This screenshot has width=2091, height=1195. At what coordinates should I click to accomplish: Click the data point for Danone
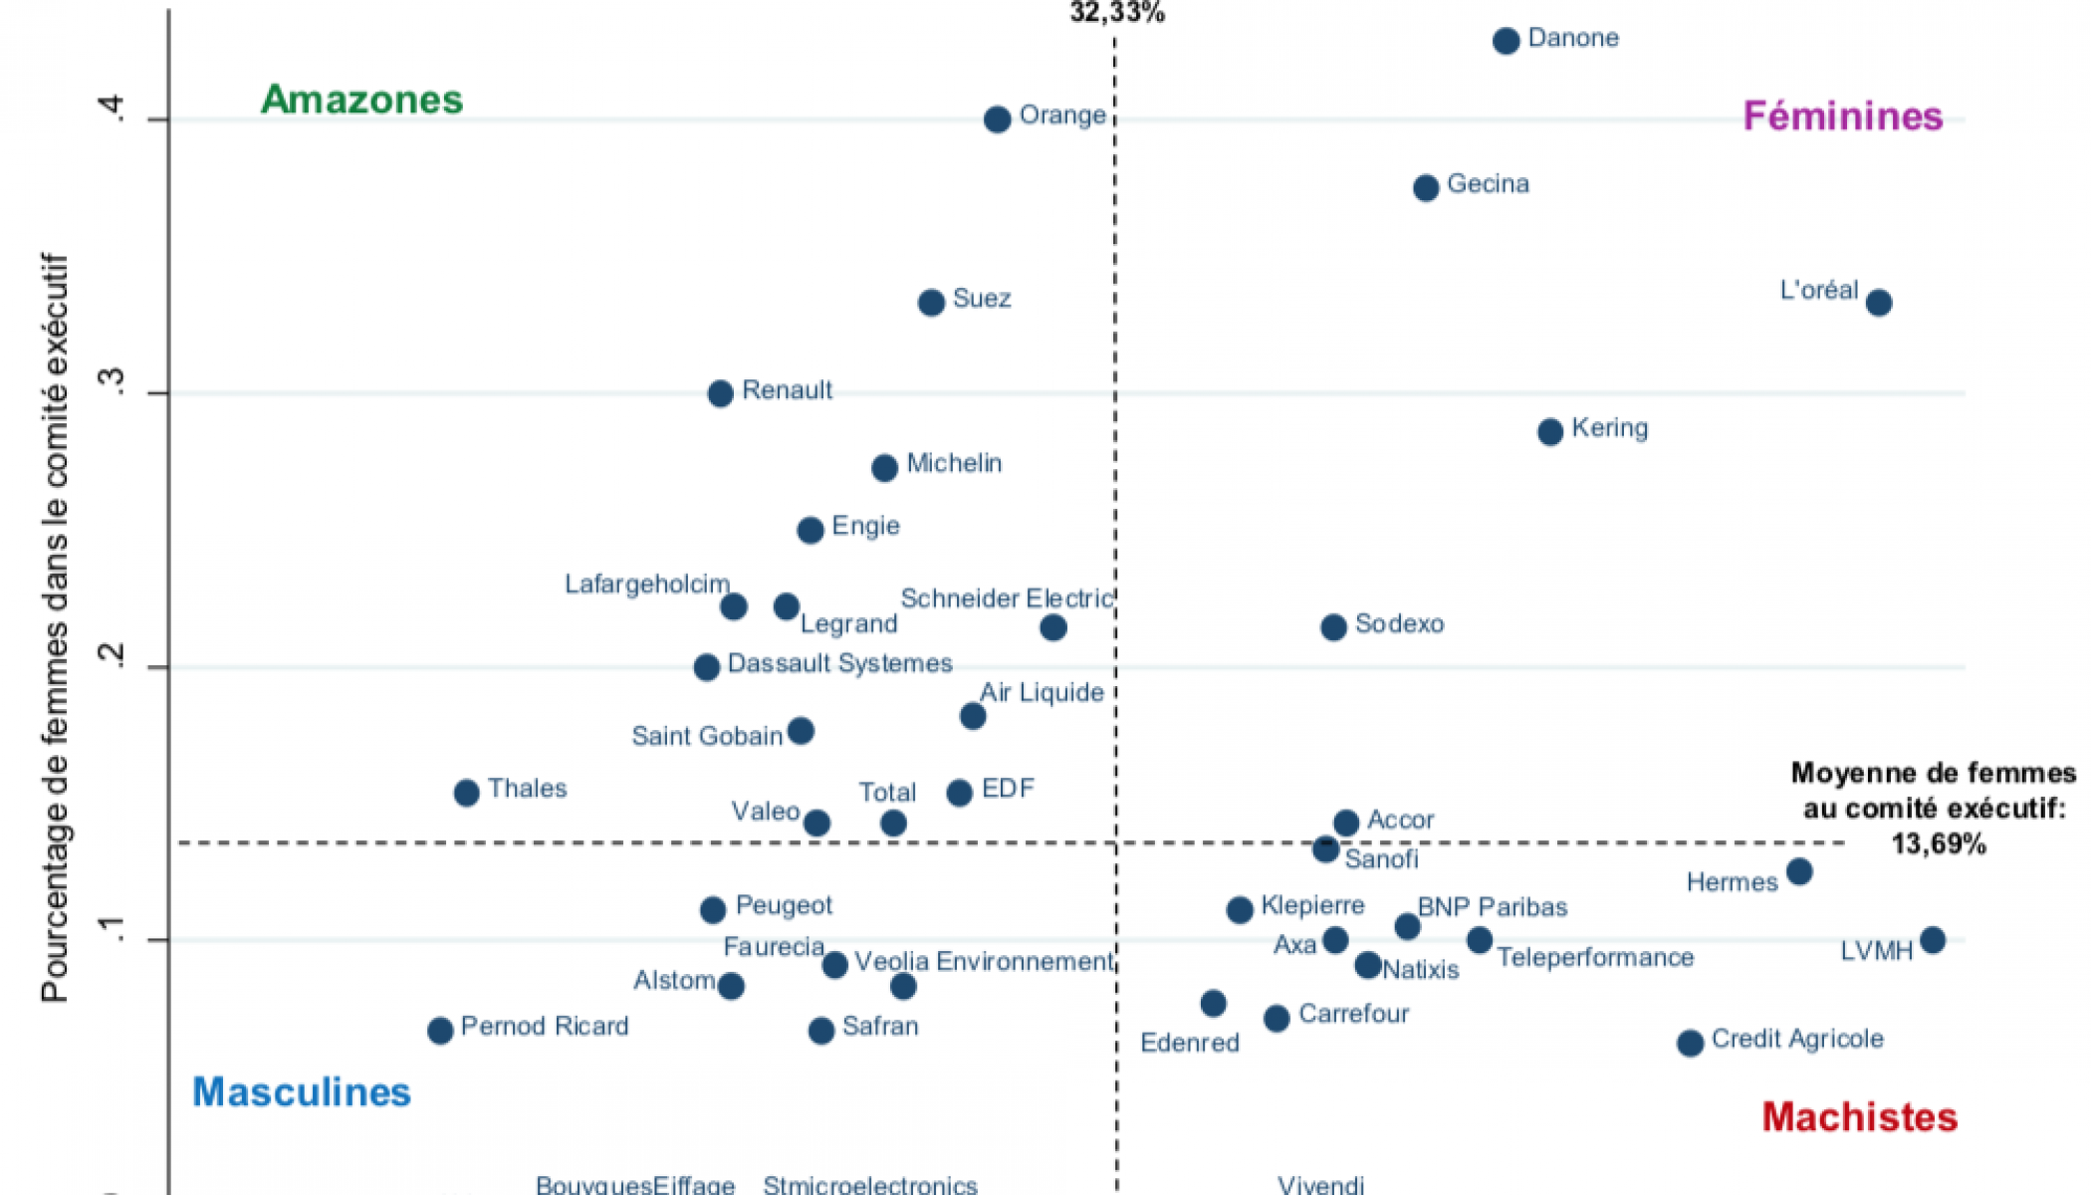click(1506, 41)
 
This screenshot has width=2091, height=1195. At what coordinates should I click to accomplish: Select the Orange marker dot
click(997, 119)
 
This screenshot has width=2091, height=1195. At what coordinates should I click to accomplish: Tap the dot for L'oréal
click(1878, 303)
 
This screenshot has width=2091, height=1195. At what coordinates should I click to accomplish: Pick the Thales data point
click(466, 793)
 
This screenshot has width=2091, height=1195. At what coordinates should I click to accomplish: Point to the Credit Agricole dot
click(1690, 1043)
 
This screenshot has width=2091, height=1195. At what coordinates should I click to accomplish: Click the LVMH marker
click(1932, 940)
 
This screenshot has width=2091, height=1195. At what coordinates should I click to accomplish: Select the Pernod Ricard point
click(440, 1030)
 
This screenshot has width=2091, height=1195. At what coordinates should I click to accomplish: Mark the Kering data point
click(1550, 431)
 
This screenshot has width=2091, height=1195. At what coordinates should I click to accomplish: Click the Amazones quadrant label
click(362, 100)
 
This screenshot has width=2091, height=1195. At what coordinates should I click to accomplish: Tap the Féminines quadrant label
click(1842, 117)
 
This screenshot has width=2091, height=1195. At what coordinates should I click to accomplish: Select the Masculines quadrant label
click(302, 1092)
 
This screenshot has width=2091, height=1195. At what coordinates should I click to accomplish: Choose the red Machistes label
click(1859, 1117)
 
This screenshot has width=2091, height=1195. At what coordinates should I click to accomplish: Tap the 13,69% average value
click(1938, 844)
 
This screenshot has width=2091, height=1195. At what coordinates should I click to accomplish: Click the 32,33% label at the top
click(1116, 13)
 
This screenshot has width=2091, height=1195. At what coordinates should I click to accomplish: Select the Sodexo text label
click(1399, 624)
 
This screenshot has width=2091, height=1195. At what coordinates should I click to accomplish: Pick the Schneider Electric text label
click(1006, 598)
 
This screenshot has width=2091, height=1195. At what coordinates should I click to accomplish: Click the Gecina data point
click(1426, 187)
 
